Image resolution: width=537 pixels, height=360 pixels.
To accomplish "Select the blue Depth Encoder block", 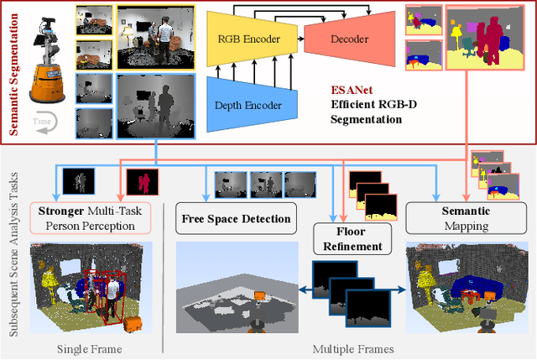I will [252, 105].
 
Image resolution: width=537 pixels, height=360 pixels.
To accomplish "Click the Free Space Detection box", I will [236, 220].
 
